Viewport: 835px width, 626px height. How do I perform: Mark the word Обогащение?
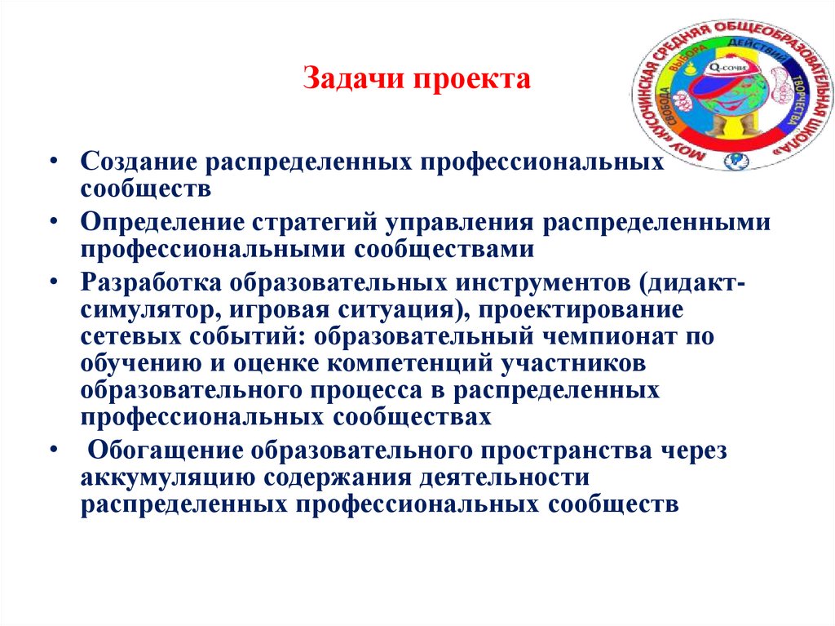[163, 450]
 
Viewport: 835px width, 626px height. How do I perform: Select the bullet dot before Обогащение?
[52, 448]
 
